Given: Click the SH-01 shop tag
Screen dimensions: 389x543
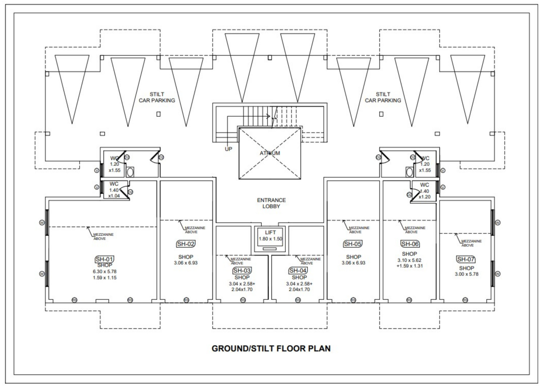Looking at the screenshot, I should click(x=105, y=259).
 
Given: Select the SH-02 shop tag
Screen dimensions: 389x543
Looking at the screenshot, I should click(x=186, y=244).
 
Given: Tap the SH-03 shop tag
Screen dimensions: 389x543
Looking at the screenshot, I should click(x=242, y=270).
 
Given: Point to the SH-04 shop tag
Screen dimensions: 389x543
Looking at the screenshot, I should click(x=298, y=270).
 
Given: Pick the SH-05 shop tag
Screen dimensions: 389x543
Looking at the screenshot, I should click(x=353, y=244).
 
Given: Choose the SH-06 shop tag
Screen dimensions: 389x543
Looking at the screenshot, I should click(x=410, y=244).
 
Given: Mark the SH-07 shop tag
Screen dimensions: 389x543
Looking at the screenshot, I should click(x=466, y=259).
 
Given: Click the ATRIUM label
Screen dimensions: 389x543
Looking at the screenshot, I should click(x=270, y=153).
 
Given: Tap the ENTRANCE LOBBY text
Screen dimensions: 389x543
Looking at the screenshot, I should click(x=271, y=203).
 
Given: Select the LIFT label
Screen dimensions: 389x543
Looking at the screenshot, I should click(x=270, y=232).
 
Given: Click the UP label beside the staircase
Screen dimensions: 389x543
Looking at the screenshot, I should click(x=228, y=149).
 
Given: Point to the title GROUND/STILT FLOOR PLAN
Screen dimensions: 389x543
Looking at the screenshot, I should click(x=271, y=349).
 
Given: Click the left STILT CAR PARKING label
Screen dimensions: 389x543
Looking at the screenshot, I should click(x=157, y=97).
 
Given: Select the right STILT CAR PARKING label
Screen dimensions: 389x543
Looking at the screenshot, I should click(x=383, y=97).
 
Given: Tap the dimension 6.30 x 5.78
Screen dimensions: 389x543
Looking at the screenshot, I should click(x=105, y=272).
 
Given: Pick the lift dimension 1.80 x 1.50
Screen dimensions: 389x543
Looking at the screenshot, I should click(x=270, y=239).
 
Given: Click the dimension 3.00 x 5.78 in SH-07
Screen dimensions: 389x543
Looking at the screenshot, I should click(x=466, y=274).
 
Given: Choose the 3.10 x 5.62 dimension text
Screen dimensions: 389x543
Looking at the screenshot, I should click(x=409, y=260).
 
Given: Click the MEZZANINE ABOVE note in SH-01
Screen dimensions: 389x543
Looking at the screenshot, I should click(x=103, y=237).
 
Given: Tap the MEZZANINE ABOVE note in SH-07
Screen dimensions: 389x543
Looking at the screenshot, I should click(x=471, y=243).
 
